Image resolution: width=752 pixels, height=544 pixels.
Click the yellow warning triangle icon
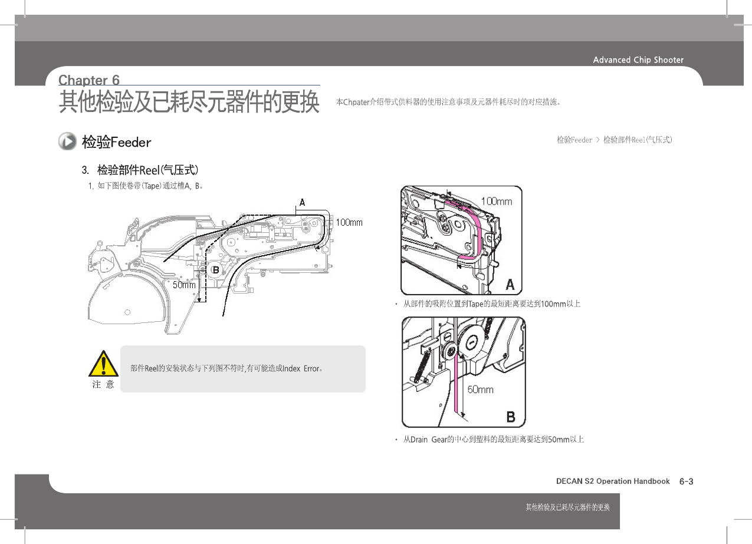coord(104,364)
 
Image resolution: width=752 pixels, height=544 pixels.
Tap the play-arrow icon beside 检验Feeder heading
coord(68,141)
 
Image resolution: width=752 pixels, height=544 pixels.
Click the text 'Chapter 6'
coord(89,80)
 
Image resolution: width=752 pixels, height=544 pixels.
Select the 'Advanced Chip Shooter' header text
coord(638,60)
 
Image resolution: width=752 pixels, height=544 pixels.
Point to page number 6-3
coord(686,482)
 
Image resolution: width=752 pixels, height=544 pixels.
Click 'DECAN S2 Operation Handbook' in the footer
coord(613,482)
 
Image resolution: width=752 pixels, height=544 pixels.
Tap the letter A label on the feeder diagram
coord(302,202)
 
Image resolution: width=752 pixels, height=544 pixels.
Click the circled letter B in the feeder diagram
coord(216,269)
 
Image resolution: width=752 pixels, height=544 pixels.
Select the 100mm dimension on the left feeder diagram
coord(349,222)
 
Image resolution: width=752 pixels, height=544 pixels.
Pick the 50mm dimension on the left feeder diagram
coord(184,285)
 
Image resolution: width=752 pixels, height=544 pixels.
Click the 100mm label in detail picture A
coord(496,202)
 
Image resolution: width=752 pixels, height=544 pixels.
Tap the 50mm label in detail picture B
coord(481,390)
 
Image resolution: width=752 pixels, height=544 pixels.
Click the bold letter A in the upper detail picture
coord(510,285)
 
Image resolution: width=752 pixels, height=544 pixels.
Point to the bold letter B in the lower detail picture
coord(511,417)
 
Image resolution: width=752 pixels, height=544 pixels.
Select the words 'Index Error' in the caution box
coord(301,369)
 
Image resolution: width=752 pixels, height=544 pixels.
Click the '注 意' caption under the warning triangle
coord(103,384)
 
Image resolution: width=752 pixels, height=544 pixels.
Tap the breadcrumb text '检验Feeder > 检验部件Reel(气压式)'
coord(614,140)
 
